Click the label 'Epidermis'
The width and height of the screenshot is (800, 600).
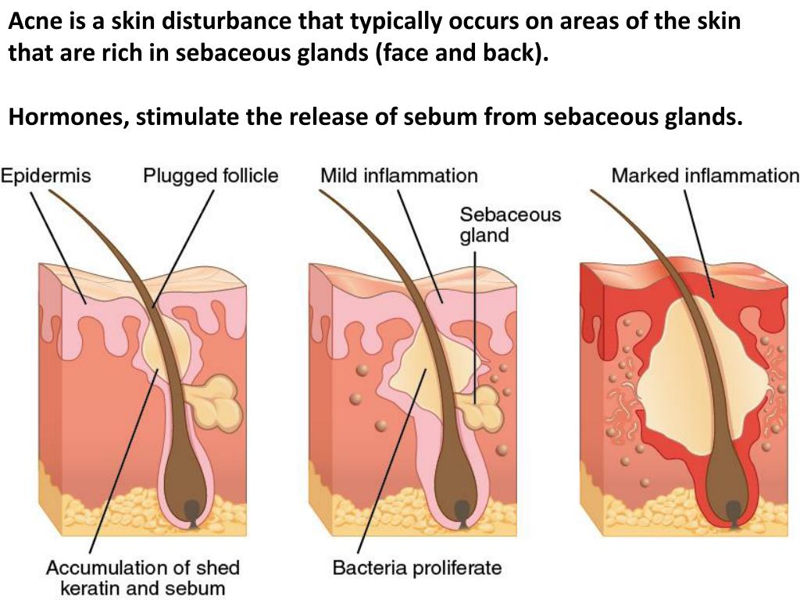coord(45,175)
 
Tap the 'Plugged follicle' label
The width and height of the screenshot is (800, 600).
coord(210,175)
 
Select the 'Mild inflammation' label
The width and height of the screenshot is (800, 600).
coord(398,175)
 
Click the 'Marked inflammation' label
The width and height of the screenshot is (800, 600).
coord(705,175)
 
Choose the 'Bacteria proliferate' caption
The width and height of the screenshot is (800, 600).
coord(416,567)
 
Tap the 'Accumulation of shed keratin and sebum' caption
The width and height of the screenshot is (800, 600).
coord(142,577)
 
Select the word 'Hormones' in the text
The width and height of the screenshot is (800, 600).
coord(66,118)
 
